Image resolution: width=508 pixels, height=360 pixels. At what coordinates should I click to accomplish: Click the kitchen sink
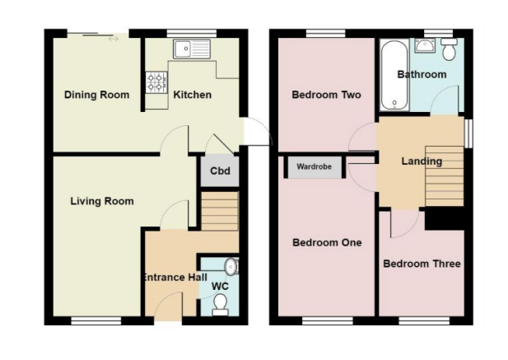point(192,49)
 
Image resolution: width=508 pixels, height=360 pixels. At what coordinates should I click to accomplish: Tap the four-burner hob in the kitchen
point(156,82)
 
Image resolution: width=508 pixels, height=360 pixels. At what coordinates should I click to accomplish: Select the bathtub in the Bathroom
point(394,75)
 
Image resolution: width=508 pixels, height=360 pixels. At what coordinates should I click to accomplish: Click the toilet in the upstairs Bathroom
point(449,49)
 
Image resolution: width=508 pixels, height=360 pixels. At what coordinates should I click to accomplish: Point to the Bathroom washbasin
point(426,45)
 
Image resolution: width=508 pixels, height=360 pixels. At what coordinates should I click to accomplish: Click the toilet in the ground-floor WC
point(221,305)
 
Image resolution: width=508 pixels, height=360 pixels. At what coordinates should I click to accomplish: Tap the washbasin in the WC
point(231,267)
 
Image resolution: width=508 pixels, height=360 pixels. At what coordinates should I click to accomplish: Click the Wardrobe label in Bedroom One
point(314,166)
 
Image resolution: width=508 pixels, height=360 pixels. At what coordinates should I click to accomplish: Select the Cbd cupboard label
point(220,171)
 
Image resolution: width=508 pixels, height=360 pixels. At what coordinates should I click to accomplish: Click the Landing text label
point(422,161)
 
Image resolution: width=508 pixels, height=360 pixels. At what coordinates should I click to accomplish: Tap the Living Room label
point(102,201)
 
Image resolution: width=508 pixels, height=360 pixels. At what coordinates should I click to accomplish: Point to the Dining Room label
point(96,95)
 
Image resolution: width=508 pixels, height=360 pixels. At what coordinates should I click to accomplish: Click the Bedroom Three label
point(422,264)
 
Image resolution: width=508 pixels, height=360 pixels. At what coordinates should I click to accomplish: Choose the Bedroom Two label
point(326,95)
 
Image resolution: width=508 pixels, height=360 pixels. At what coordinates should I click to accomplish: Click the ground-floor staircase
point(220,211)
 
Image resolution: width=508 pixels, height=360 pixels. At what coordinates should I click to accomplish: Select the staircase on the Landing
point(444,176)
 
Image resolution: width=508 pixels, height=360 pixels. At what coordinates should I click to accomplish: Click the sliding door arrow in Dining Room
point(114,39)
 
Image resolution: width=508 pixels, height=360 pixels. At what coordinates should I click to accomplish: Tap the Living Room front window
point(96,320)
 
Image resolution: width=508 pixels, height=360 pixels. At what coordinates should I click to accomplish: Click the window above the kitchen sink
point(192,33)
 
